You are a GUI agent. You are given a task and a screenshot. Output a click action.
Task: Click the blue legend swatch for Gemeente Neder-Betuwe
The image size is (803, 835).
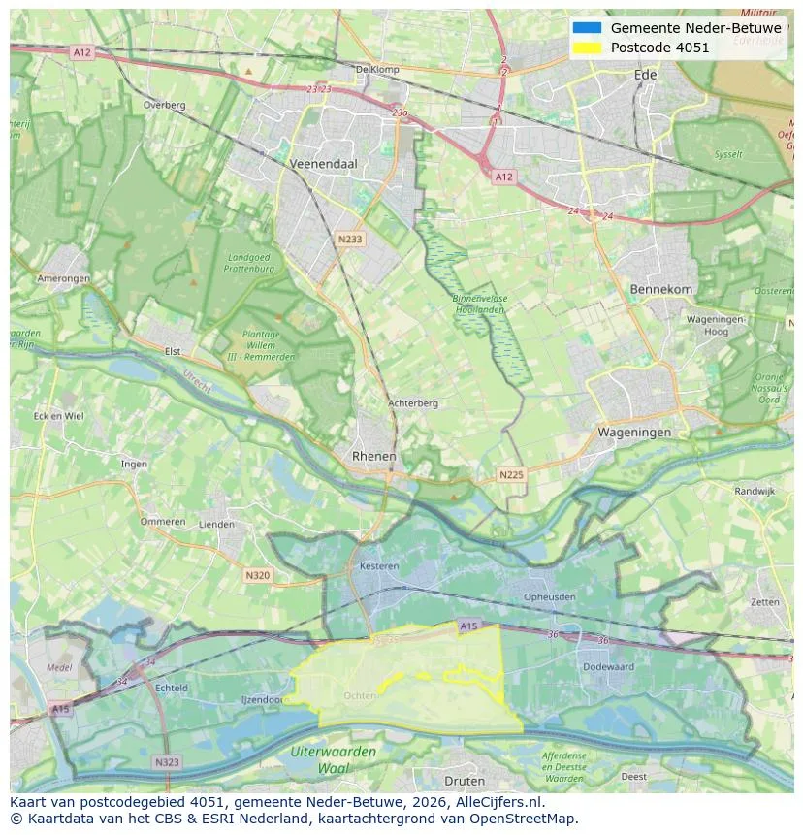tap(587, 28)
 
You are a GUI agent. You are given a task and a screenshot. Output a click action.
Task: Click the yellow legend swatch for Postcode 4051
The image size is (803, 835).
tap(587, 48)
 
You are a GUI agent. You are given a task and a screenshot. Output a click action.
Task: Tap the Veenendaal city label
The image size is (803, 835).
tap(323, 164)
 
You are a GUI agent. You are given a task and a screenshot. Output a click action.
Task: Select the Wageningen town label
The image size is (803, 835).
tap(634, 433)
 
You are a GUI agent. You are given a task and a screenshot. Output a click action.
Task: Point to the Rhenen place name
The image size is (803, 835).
tap(373, 456)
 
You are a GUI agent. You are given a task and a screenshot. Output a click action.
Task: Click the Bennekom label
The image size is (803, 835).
tap(661, 289)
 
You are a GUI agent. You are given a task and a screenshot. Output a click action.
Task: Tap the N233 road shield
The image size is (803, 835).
tap(350, 239)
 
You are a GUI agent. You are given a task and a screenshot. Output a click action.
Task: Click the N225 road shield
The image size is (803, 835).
tap(510, 474)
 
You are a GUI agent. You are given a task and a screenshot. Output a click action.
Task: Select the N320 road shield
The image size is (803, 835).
tap(257, 575)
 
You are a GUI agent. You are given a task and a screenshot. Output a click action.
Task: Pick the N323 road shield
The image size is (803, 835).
tap(166, 762)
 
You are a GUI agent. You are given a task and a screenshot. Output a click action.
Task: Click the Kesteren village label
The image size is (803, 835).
tap(379, 565)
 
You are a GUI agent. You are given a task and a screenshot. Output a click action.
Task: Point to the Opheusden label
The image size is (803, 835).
tap(548, 597)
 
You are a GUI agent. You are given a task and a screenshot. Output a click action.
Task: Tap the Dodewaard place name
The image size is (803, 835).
tap(608, 666)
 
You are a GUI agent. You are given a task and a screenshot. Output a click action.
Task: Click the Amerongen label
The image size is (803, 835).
tap(63, 278)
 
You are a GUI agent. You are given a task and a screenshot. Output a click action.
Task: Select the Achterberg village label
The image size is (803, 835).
tap(413, 403)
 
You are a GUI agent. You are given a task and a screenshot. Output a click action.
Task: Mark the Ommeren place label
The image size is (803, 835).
tap(162, 522)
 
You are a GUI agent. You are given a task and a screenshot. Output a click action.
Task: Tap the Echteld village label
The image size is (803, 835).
tap(172, 688)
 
